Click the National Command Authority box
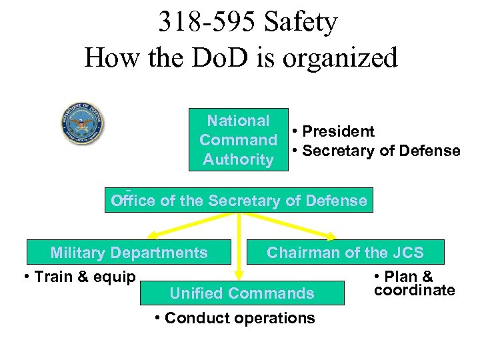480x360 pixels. (238, 140)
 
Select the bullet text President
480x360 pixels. (338, 132)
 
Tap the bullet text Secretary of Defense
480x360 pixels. (381, 151)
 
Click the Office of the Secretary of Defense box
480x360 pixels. (239, 201)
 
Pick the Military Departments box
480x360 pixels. (129, 253)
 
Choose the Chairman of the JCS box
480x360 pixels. (345, 253)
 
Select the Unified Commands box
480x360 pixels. (242, 293)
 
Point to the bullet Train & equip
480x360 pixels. (79, 277)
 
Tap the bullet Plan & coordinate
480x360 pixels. (413, 283)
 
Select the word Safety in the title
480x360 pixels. (301, 22)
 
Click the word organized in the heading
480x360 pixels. (340, 58)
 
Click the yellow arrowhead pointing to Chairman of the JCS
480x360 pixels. (331, 235)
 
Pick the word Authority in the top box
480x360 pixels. (238, 160)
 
